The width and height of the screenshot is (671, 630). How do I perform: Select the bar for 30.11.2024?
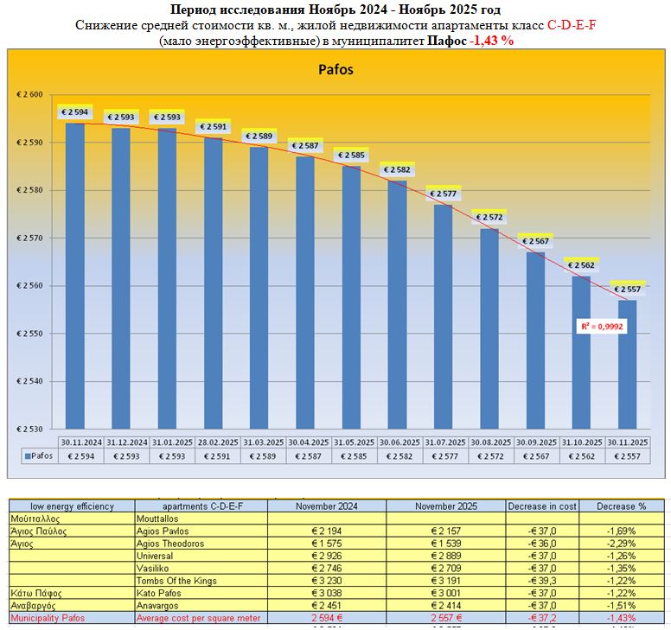click(x=75, y=277)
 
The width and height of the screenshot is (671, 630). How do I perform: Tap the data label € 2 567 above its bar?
click(x=534, y=241)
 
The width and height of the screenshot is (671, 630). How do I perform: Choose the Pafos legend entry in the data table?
click(x=38, y=455)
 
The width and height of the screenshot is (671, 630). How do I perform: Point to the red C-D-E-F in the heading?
click(x=572, y=24)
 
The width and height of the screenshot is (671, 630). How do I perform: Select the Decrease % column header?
click(x=621, y=506)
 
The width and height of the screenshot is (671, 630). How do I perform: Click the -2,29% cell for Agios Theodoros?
click(x=621, y=544)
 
